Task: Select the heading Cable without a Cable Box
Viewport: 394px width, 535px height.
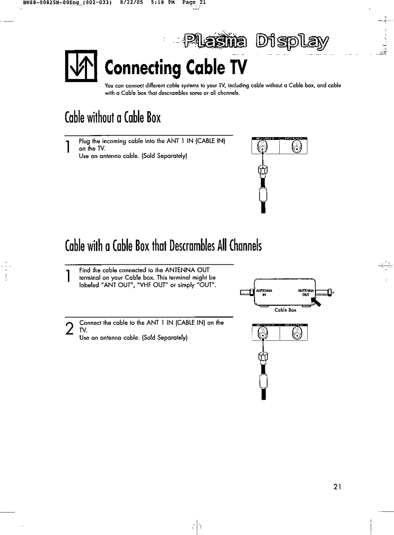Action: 113,118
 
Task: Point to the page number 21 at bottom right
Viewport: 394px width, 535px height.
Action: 337,487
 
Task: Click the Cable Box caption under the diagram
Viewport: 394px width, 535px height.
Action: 285,310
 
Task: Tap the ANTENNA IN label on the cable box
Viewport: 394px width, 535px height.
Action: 264,292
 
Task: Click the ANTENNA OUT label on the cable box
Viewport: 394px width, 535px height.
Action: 306,292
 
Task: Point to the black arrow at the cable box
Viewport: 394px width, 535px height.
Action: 316,302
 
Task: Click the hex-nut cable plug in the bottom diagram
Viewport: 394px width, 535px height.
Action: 263,356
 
